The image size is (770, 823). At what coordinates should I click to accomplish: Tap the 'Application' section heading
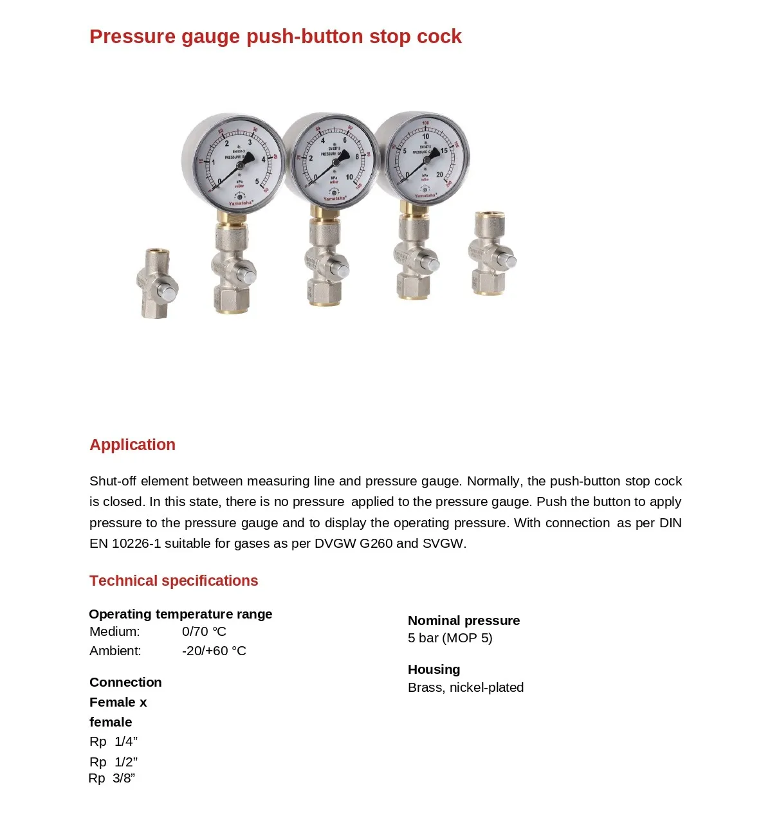[x=133, y=445]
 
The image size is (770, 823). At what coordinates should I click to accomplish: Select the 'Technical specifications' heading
[x=174, y=581]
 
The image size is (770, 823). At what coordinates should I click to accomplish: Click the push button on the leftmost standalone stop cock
[x=168, y=294]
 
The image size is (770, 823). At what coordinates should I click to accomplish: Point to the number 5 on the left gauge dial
[x=257, y=182]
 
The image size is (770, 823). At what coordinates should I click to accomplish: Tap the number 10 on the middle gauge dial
[x=349, y=177]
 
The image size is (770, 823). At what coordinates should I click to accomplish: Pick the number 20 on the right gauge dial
[x=439, y=174]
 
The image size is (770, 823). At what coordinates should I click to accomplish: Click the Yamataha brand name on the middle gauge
[x=334, y=199]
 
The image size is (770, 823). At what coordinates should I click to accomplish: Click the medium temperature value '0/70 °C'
[x=204, y=631]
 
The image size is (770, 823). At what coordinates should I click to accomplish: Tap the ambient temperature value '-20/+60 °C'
[x=214, y=651]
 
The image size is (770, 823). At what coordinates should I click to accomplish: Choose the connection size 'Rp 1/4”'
[x=114, y=741]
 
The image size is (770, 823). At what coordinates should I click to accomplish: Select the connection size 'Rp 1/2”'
[x=114, y=762]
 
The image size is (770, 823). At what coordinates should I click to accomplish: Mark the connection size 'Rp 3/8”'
[x=112, y=778]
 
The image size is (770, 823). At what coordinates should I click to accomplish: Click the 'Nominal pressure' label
[x=464, y=620]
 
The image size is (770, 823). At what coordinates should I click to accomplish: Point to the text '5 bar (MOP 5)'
[x=450, y=638]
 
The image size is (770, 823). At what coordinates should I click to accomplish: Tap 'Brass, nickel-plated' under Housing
[x=466, y=687]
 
